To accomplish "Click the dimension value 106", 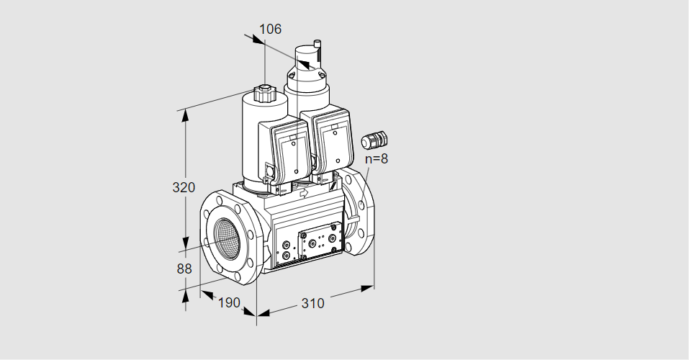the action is coord(270,29).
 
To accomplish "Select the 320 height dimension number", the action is coord(184,187).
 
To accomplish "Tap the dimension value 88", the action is coord(184,269).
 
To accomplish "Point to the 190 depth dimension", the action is coord(230,302).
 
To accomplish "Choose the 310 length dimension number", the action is coord(313,303).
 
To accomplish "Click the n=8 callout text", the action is coord(377,158).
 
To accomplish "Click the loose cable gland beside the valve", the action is coord(374,139).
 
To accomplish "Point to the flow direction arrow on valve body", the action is coord(304,193).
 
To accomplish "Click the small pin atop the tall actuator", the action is coord(318,43).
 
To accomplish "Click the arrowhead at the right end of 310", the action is coord(367,289).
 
